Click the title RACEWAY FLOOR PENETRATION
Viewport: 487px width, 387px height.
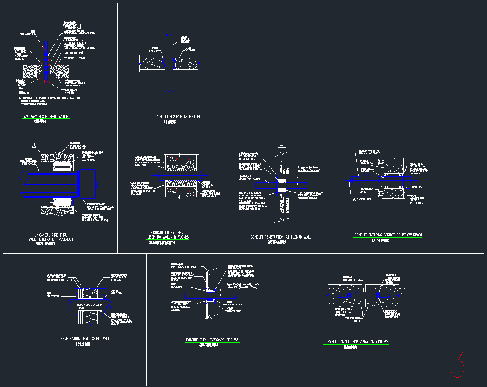[46, 117]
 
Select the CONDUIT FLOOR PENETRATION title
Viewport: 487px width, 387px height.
[177, 117]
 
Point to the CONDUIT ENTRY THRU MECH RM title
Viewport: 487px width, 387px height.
[167, 235]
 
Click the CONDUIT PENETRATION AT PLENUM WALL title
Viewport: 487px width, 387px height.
[280, 237]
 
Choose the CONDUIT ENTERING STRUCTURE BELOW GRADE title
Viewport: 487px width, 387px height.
[388, 235]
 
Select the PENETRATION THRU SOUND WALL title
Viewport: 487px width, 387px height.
[85, 339]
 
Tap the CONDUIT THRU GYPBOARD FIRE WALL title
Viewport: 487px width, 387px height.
[214, 340]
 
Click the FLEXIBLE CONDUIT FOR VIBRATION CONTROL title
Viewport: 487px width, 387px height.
[356, 342]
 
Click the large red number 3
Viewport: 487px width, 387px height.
[458, 364]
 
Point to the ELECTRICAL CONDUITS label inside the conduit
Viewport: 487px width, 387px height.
[89, 304]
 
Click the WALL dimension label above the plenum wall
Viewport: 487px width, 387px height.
[282, 146]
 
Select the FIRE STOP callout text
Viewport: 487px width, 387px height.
[155, 50]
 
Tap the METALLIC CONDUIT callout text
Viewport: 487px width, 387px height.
[186, 41]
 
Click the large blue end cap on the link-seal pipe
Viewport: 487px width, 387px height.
[88, 184]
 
